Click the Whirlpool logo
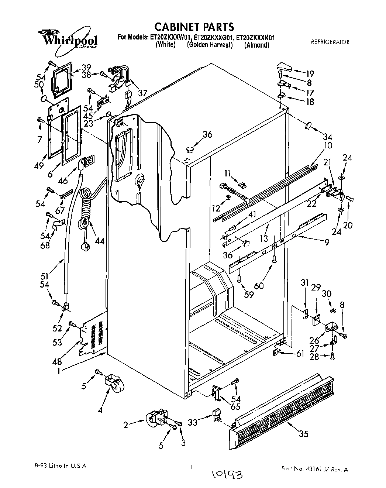click(x=69, y=39)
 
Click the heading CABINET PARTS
click(x=194, y=27)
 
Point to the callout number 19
click(x=309, y=73)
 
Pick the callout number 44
click(x=99, y=241)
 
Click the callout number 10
click(x=318, y=145)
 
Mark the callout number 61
click(x=300, y=354)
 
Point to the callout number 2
click(x=125, y=425)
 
